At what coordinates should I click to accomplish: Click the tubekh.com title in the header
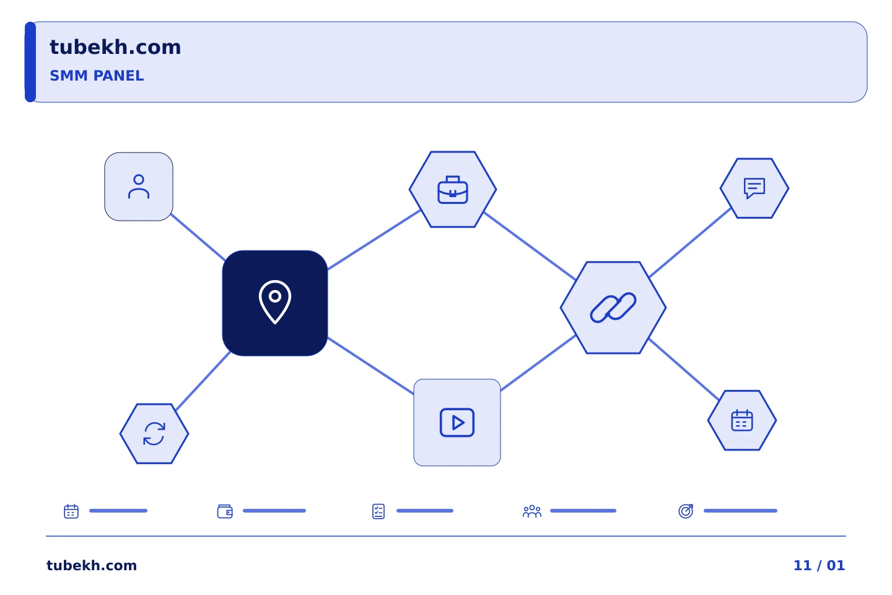tap(115, 47)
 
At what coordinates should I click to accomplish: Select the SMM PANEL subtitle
tap(97, 76)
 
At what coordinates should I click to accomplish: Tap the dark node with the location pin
tap(275, 303)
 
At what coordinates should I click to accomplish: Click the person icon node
tap(139, 187)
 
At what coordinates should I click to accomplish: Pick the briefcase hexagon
tap(453, 189)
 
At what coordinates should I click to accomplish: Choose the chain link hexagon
tap(613, 307)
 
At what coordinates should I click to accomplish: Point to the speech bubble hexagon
tap(754, 188)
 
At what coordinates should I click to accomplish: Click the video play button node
tap(457, 423)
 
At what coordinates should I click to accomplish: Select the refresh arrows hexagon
tap(154, 434)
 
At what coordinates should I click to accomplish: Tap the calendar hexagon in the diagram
tap(742, 420)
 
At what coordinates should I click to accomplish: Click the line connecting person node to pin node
tap(198, 237)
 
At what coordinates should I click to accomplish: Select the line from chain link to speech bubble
tap(690, 242)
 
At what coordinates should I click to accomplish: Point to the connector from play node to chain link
tap(538, 363)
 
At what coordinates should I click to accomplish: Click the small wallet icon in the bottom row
tap(225, 511)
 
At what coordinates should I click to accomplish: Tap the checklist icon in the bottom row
tap(378, 511)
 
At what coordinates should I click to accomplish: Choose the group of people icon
tap(532, 511)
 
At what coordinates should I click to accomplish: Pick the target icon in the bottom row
tap(686, 511)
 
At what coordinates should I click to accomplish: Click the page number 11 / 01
tap(819, 565)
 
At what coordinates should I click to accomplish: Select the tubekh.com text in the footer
tap(92, 565)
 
